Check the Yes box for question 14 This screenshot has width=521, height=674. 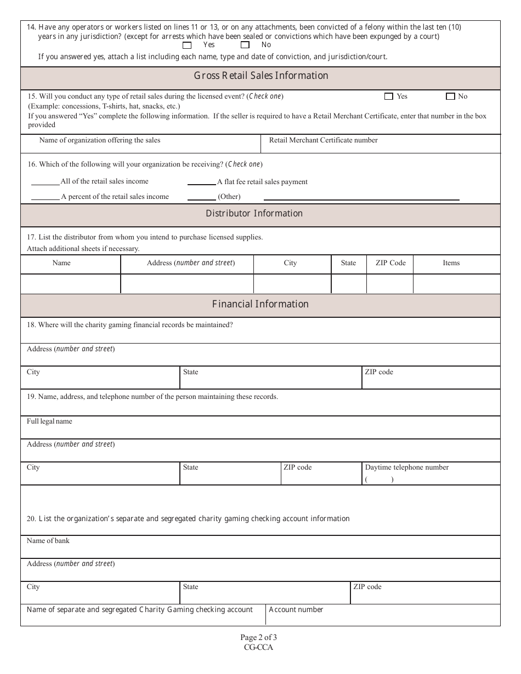tap(187, 45)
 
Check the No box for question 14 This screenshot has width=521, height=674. tap(245, 45)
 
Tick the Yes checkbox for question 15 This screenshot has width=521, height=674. tap(389, 96)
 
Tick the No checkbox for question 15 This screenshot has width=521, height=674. tap(450, 96)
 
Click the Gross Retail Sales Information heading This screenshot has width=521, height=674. tap(261, 76)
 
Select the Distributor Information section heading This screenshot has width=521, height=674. tap(254, 214)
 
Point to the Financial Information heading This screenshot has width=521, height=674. tap(260, 304)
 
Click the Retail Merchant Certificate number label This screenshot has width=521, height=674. tap(323, 140)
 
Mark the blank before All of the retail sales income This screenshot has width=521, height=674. tap(45, 182)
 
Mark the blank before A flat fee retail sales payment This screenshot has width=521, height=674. tap(201, 182)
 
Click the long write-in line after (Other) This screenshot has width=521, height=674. tap(361, 198)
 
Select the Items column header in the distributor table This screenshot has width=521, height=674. tap(451, 263)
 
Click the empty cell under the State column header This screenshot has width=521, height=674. tap(348, 284)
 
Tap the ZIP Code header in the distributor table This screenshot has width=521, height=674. tap(390, 263)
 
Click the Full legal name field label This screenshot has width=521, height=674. tap(49, 421)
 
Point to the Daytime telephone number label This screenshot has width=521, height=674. tap(406, 467)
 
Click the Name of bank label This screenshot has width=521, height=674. tap(48, 541)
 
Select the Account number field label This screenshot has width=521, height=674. tap(296, 610)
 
